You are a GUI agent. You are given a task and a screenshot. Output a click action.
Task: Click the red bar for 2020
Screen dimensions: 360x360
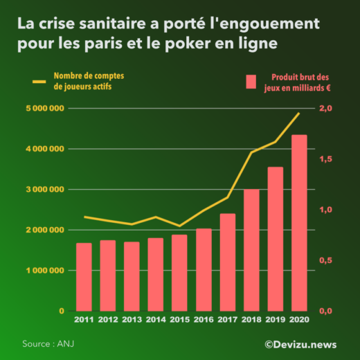coord(299,223)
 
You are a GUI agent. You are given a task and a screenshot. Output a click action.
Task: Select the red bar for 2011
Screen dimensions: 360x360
coord(83,277)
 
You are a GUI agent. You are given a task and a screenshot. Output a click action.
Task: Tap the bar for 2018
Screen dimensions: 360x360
coord(251,250)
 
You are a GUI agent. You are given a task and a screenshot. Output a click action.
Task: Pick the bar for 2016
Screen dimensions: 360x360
coord(204,270)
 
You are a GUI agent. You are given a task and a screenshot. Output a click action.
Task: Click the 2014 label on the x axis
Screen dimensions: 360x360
coord(155,319)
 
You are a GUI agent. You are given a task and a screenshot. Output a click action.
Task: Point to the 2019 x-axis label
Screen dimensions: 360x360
coord(275,319)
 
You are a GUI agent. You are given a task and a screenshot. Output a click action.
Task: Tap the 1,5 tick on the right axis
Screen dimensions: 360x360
coord(325,159)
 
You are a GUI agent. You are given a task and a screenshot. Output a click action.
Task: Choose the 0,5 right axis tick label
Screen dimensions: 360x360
coord(325,260)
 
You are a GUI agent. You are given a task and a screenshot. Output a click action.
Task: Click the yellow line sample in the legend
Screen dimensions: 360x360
coord(39,82)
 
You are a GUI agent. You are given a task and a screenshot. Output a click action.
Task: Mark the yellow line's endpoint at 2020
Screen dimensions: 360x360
coord(299,113)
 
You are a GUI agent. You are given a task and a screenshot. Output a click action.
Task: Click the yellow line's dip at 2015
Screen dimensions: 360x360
coord(179,226)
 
